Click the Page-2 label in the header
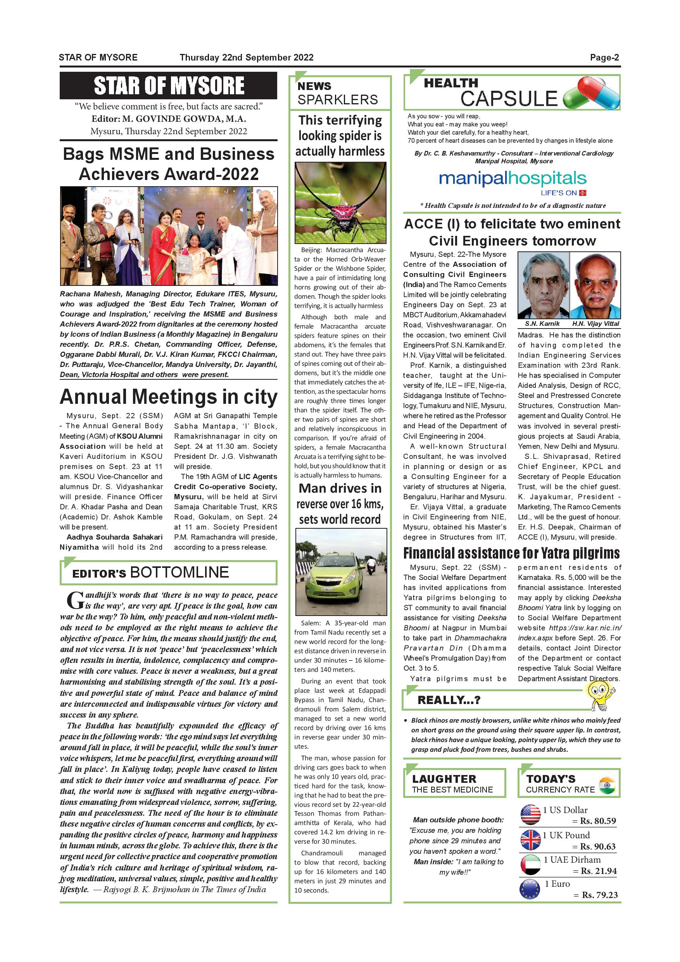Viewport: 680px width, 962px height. click(604, 57)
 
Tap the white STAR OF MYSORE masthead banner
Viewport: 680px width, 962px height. click(168, 85)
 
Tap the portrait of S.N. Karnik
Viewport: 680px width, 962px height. click(543, 286)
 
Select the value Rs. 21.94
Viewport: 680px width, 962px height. click(598, 871)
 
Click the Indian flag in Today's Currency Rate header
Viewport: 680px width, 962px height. click(607, 785)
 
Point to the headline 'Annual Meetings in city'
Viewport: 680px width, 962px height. click(168, 397)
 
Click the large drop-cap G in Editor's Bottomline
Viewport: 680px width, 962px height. click(75, 600)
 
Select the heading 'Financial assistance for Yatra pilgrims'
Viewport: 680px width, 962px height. click(511, 553)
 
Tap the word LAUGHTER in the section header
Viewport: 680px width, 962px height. click(444, 779)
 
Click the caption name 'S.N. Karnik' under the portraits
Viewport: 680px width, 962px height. click(542, 324)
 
